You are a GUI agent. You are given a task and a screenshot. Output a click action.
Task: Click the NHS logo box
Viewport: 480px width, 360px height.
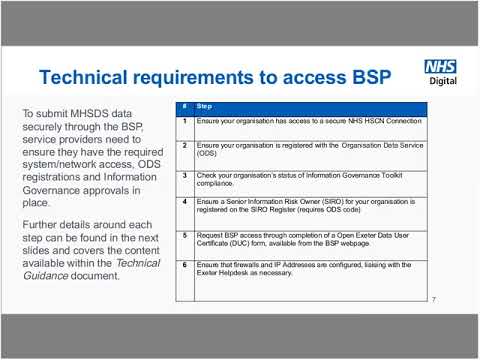[440, 67]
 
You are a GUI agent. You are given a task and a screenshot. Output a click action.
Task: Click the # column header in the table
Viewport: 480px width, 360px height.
[183, 105]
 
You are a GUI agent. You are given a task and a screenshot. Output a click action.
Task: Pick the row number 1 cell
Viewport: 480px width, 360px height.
[183, 121]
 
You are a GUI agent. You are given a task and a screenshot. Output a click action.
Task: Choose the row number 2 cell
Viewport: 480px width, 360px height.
[183, 146]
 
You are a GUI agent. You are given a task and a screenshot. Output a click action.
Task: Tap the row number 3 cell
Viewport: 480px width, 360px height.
[183, 175]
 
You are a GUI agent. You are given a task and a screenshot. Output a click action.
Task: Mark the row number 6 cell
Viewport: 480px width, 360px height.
[183, 265]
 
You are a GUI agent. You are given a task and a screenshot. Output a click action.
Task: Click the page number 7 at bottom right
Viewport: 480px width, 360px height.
[434, 299]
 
